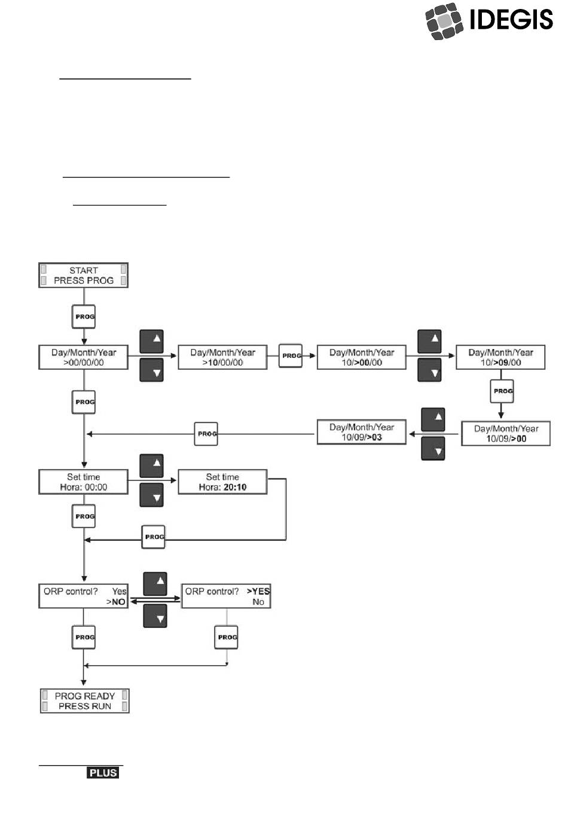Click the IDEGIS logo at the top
[x=489, y=20]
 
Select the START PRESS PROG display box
[x=83, y=275]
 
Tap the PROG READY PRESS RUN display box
[x=85, y=701]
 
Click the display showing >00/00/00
[x=83, y=357]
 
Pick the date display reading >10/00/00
[x=222, y=357]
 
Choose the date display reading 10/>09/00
[x=500, y=357]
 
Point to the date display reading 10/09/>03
[x=362, y=432]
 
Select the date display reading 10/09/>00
[x=506, y=433]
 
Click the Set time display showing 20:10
[x=222, y=482]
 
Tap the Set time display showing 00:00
[x=83, y=482]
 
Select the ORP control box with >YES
[x=226, y=596]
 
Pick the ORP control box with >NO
[x=83, y=596]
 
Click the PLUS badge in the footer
[x=103, y=773]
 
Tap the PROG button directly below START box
[x=84, y=316]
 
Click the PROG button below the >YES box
[x=226, y=637]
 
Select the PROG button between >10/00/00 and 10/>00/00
[x=291, y=356]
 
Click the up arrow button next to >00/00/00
[x=151, y=341]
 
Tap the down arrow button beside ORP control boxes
[x=155, y=616]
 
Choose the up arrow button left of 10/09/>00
[x=433, y=419]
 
